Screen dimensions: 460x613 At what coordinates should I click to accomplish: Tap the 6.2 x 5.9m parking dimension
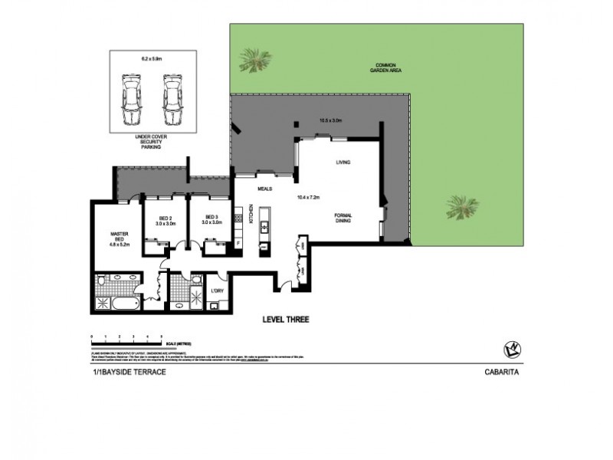coord(150,58)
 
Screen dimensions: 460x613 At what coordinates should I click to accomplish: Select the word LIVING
coord(343,163)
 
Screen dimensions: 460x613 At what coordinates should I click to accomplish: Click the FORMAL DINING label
coord(343,219)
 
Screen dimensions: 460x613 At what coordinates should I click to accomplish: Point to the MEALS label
coord(266,189)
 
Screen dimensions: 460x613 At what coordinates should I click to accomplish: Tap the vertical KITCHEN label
coord(251,214)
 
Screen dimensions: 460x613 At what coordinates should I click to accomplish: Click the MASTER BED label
coord(119,239)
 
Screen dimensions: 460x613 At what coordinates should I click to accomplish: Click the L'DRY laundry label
coord(219,292)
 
